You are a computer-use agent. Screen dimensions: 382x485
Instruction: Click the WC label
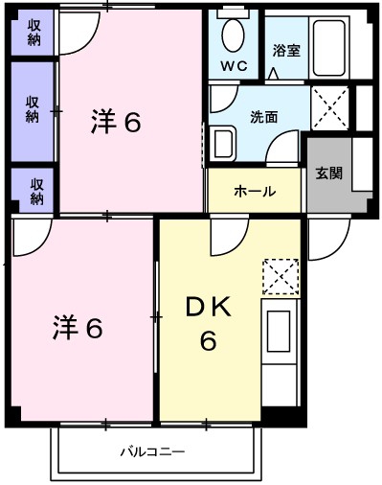(x=235, y=66)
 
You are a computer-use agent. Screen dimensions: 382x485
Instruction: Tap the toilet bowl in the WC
(x=234, y=35)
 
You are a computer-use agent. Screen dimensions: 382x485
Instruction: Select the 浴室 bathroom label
(x=286, y=50)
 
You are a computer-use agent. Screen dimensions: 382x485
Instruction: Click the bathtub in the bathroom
(x=328, y=48)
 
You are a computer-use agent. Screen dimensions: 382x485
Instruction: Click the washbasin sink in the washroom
(x=223, y=144)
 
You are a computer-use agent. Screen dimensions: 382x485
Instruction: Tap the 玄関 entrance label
(x=328, y=173)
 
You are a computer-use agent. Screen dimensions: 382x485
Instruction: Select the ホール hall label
(x=255, y=191)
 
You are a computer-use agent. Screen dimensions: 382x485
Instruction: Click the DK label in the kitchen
(x=208, y=307)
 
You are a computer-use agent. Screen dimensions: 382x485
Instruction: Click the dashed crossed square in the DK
(x=281, y=276)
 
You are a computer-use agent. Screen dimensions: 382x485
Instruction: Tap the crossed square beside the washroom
(x=330, y=108)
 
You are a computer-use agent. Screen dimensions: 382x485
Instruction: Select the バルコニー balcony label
(x=152, y=451)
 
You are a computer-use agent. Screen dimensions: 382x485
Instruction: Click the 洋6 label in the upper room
(x=116, y=122)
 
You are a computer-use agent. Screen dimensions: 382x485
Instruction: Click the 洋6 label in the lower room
(x=78, y=327)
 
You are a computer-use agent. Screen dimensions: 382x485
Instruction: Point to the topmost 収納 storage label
(x=34, y=33)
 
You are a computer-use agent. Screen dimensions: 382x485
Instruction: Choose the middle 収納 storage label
(x=33, y=109)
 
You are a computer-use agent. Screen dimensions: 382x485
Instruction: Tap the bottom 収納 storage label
(x=36, y=191)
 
